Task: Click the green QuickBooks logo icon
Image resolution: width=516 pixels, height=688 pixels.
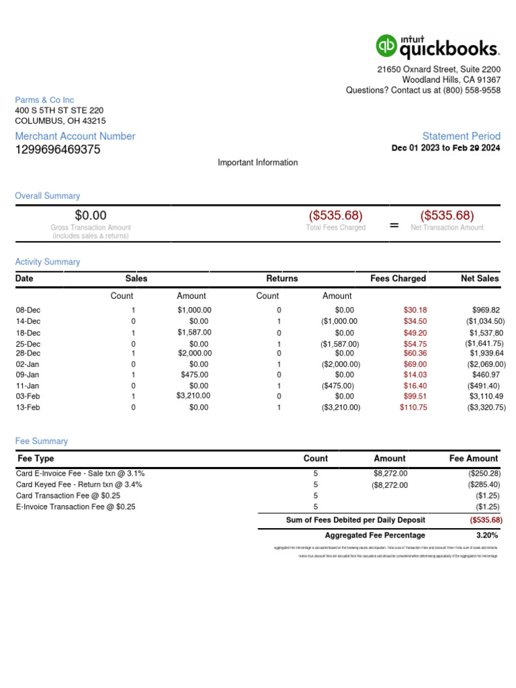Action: (386, 46)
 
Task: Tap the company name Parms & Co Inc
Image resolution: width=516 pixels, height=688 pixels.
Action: (44, 100)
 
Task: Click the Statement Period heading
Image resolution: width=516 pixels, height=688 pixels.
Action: (461, 136)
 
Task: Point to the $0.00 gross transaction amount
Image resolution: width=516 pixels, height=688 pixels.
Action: (91, 216)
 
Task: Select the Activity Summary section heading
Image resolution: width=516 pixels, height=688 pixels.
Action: (48, 262)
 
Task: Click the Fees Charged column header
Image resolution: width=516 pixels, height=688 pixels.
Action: (398, 278)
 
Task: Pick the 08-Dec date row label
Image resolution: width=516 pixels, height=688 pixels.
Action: (28, 310)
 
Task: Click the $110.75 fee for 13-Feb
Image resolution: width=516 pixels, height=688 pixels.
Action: (413, 407)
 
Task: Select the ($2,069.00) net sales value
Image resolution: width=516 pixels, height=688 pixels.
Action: (482, 364)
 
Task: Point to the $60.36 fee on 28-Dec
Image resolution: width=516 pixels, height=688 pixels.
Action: (415, 353)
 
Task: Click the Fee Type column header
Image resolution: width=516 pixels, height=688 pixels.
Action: (35, 458)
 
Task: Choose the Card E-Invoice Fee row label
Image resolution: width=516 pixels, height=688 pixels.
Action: (80, 474)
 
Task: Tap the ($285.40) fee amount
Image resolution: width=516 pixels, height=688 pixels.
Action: (484, 484)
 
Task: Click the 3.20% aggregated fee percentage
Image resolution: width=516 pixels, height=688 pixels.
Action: (486, 535)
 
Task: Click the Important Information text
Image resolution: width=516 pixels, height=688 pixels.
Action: (257, 163)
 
